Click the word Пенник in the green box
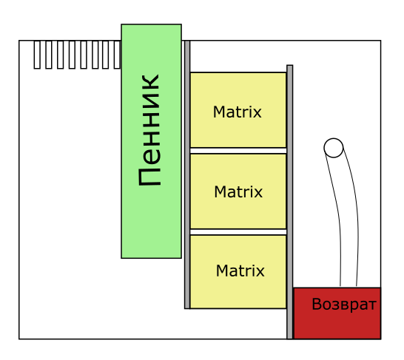tap(149, 130)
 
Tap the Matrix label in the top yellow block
tap(238, 112)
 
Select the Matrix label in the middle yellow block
tap(238, 191)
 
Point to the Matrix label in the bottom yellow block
tap(240, 271)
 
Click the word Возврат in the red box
tap(344, 305)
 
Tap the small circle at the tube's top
tap(334, 148)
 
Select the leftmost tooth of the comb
tap(37, 55)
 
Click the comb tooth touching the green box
tap(118, 55)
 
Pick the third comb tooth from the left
tap(60, 55)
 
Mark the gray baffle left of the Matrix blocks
tap(187, 174)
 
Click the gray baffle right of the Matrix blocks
tap(290, 202)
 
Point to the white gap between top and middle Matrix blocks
tap(238, 151)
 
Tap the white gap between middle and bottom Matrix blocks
tap(238, 232)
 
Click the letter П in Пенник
tap(149, 177)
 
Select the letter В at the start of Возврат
tap(317, 304)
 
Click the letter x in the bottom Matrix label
tap(260, 273)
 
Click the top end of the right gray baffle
tap(290, 66)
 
